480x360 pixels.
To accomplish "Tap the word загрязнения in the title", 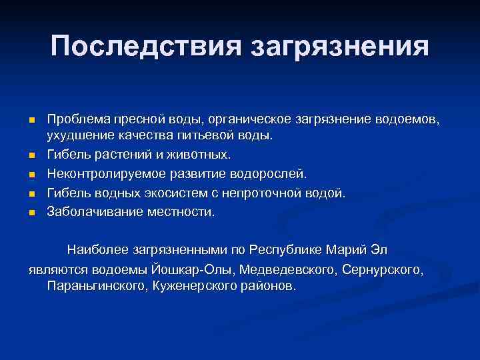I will (x=339, y=47).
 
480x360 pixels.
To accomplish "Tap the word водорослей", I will (x=268, y=174).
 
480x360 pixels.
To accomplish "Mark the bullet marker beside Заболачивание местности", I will (x=31, y=213).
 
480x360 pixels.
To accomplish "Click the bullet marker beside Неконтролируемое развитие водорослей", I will (x=31, y=175).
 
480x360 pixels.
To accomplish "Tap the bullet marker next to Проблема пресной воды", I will (x=31, y=120).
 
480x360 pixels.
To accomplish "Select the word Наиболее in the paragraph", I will (x=97, y=251).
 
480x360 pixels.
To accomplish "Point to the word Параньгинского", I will (x=97, y=286).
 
